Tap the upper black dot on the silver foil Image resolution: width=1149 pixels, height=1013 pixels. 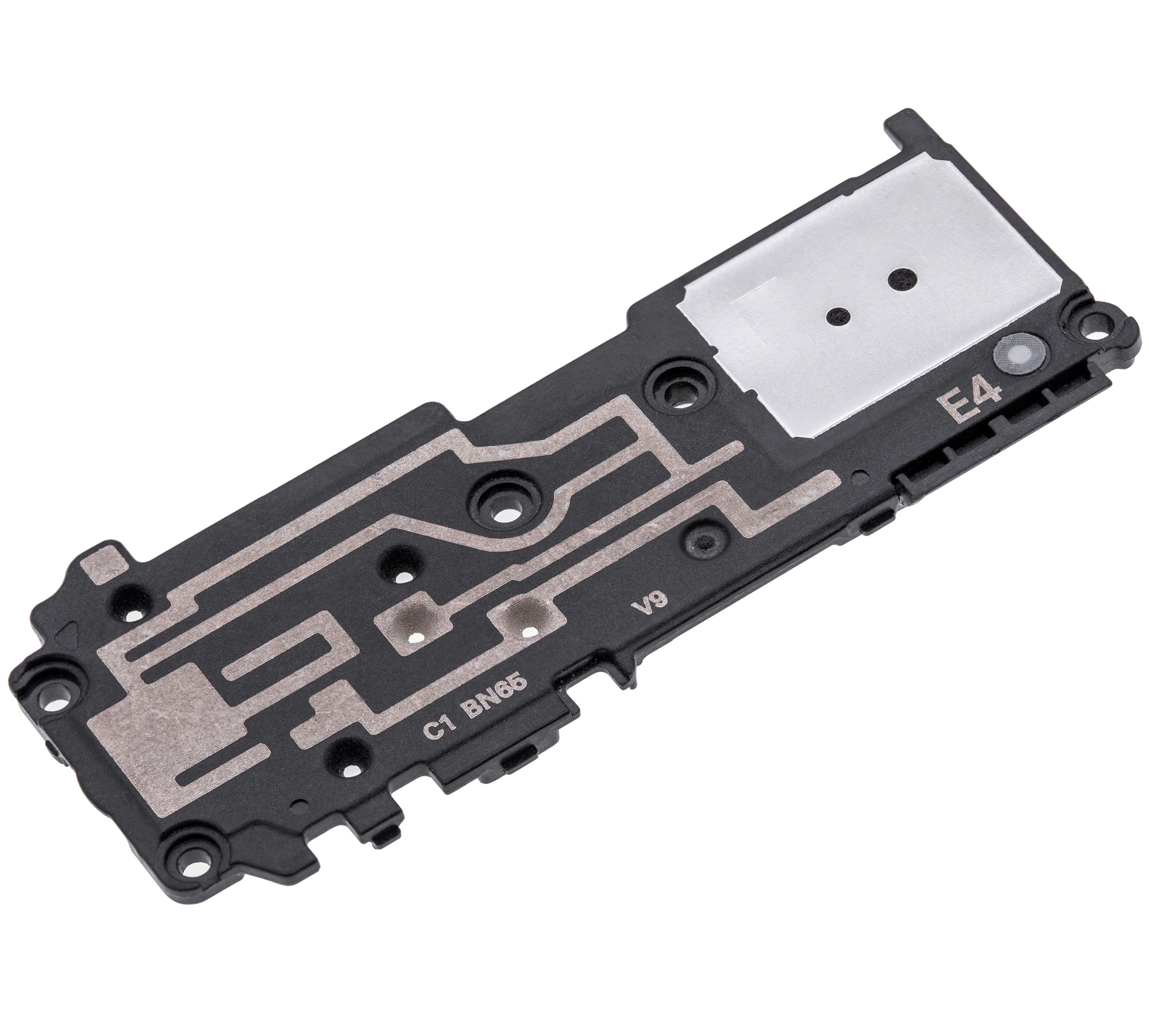click(901, 277)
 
